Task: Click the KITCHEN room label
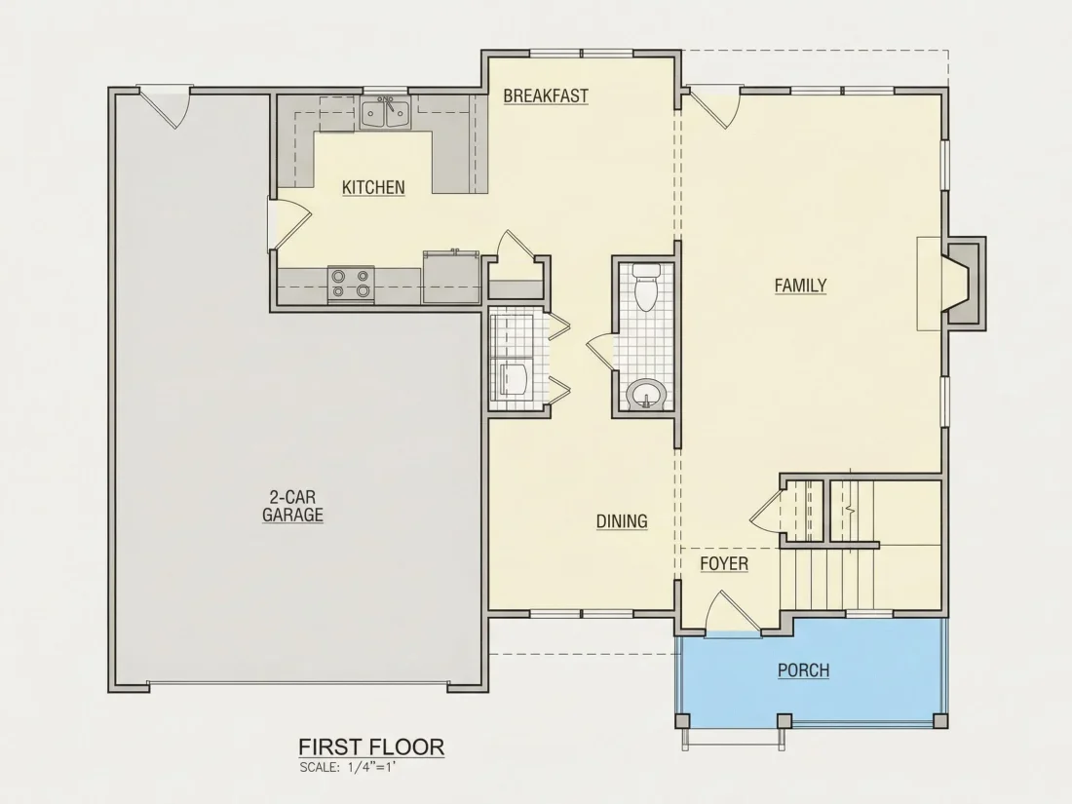coord(373,187)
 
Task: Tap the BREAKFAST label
coord(546,96)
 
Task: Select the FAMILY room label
coord(800,286)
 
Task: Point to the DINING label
coord(622,521)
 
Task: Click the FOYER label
coord(724,563)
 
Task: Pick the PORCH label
coord(803,670)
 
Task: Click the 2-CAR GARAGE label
coord(292,506)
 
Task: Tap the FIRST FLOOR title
coord(371,747)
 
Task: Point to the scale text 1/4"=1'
coord(371,767)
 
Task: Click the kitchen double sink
coord(386,113)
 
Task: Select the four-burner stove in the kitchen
coord(351,285)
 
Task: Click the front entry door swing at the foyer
coord(732,613)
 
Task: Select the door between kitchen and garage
coord(289,226)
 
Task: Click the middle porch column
coord(785,720)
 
